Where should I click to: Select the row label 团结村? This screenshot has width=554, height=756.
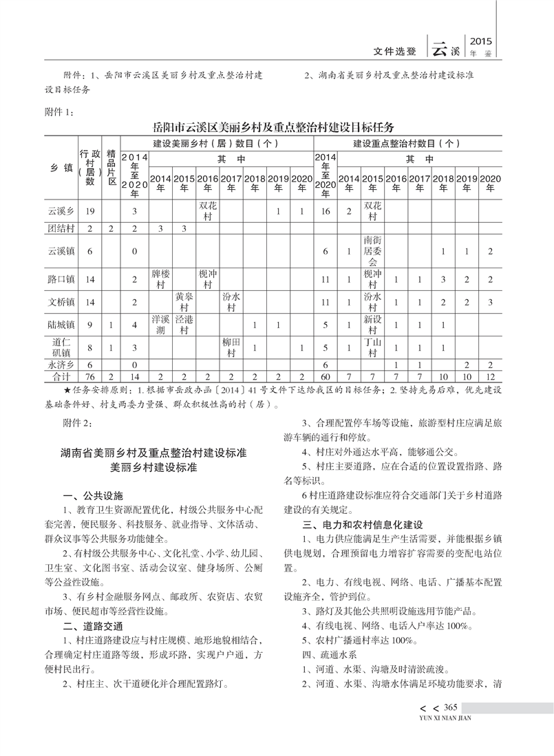coord(61,228)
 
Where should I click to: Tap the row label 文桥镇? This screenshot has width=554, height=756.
coord(61,301)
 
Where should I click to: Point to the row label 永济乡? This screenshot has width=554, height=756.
coord(61,364)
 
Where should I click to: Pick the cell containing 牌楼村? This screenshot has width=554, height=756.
coord(160,279)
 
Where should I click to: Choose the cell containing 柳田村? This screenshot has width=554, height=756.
coord(231,347)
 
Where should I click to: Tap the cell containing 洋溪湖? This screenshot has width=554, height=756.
coord(160,324)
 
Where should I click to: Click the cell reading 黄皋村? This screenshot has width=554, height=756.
coord(184,301)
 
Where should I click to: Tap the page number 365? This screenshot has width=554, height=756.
coord(451,709)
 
